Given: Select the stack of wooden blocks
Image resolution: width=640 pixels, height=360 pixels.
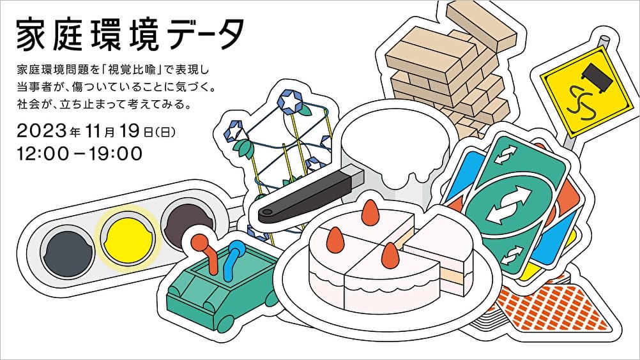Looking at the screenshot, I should coord(447,70).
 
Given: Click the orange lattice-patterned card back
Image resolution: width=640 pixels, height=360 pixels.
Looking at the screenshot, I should coord(543,306).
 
